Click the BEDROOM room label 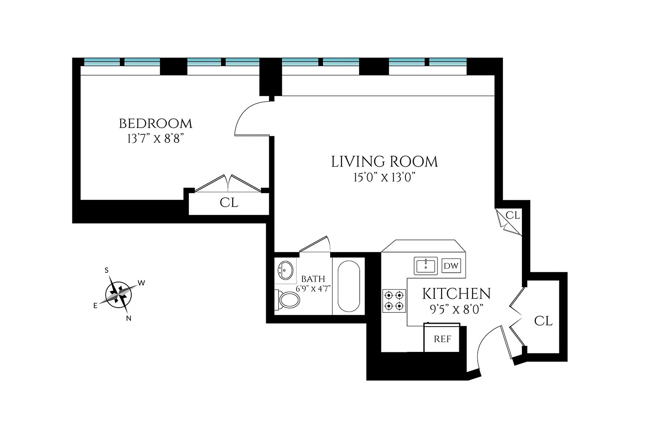[x=156, y=124]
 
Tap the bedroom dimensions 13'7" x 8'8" [x=156, y=139]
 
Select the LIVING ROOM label [x=384, y=162]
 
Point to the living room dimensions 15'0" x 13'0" [x=384, y=177]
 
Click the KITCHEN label [x=456, y=294]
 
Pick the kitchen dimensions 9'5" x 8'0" [x=456, y=309]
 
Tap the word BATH [x=313, y=279]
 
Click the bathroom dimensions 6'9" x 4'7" [x=313, y=288]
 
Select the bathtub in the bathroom [x=349, y=286]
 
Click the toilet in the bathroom [x=287, y=299]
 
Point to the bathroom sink [x=285, y=271]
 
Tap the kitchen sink [x=426, y=266]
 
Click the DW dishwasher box [x=451, y=266]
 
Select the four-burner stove [x=394, y=301]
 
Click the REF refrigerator [x=442, y=338]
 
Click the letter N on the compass [x=129, y=319]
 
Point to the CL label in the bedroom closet [x=229, y=202]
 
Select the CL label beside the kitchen [x=543, y=321]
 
